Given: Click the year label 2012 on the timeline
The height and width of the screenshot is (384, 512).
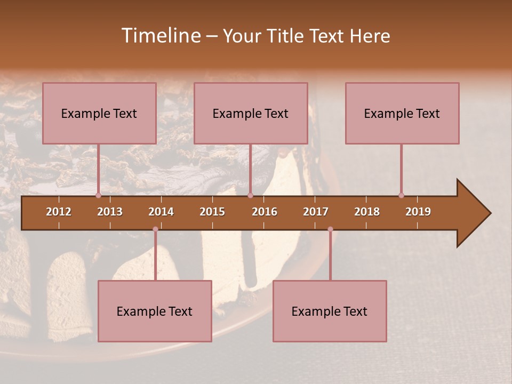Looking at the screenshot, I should (59, 212).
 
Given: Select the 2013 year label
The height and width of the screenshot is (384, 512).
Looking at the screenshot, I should (110, 212).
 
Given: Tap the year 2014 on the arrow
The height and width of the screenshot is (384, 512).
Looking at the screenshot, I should (161, 212).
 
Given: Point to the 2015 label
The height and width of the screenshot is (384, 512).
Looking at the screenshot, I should (212, 212).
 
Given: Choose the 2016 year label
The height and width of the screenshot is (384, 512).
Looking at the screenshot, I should (265, 212).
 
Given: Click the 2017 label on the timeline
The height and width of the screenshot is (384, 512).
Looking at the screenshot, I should (316, 212).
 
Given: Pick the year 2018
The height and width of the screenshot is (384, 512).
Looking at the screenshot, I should (367, 212).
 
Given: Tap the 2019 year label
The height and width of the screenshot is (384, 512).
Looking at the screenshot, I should (418, 212).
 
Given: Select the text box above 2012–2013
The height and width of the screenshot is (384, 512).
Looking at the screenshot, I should (99, 113).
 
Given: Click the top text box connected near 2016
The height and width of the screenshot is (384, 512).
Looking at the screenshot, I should (251, 113).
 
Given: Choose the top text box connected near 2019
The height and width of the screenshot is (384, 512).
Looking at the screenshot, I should (402, 113).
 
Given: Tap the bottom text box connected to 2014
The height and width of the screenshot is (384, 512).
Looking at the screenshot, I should (155, 311).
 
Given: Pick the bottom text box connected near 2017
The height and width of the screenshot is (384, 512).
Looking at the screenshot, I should (330, 311).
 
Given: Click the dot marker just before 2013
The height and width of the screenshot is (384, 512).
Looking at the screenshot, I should (99, 195).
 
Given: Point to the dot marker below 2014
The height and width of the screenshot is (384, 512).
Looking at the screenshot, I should (155, 229).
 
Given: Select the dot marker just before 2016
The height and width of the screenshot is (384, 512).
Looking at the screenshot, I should (250, 195).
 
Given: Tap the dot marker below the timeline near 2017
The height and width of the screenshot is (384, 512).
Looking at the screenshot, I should (330, 229).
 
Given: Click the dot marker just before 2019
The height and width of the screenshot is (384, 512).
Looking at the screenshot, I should (401, 195).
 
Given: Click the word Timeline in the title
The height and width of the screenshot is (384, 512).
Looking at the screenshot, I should (160, 36).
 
